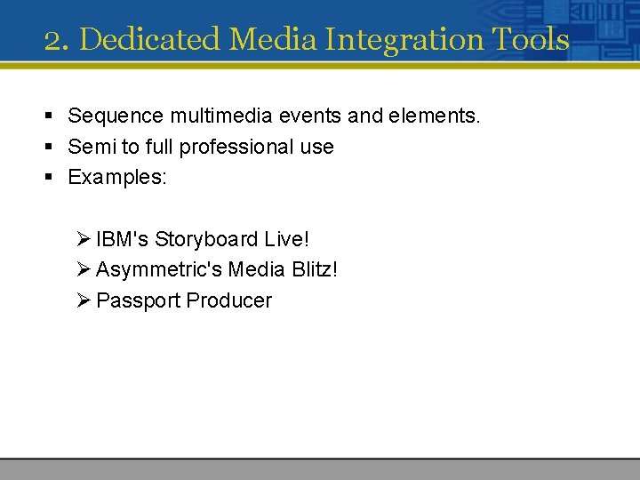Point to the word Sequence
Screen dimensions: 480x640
point(114,116)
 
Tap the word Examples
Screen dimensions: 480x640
point(116,177)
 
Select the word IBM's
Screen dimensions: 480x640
point(123,239)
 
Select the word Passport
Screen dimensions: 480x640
point(138,300)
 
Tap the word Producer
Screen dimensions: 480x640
point(229,300)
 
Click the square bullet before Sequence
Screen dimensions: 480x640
point(52,116)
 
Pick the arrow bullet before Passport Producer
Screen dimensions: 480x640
point(84,300)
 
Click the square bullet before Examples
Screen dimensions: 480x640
point(52,178)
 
